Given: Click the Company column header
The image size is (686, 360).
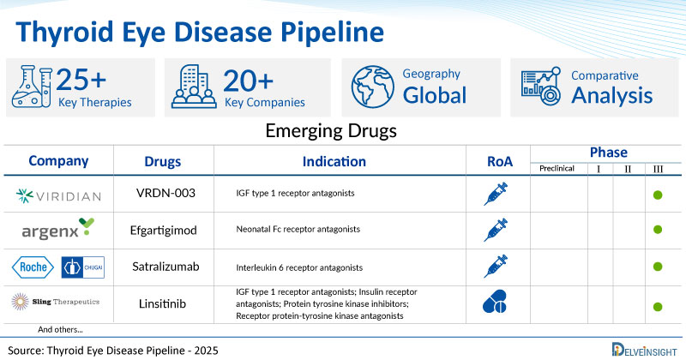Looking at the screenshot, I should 58,161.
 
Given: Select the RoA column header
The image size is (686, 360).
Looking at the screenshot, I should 501,161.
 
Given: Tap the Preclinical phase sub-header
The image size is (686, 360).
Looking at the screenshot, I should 558,169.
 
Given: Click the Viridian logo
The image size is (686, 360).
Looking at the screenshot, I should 58,196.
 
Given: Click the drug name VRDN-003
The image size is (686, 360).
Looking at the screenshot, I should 165,193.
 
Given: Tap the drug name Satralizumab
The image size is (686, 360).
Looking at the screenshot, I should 165,267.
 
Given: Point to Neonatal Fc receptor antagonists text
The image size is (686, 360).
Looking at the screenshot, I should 297,230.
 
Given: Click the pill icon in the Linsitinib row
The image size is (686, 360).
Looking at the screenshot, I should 501,303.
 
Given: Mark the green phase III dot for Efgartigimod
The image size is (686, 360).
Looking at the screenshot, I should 658,230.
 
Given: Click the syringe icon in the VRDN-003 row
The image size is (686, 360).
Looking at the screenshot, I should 501,195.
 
